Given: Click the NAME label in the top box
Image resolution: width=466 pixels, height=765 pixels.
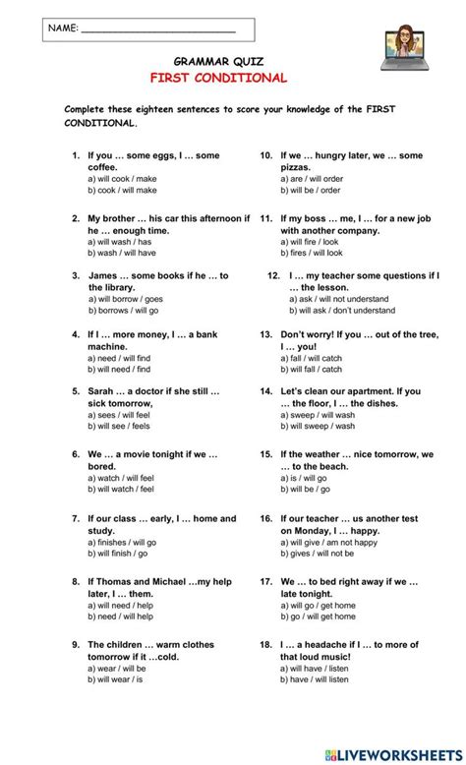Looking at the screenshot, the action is (x=60, y=29).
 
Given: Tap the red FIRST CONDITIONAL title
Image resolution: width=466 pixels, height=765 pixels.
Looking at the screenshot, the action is (x=218, y=78).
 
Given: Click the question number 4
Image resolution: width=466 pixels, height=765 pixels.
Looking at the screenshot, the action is (x=76, y=334).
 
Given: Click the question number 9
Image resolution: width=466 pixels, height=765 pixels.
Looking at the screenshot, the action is (x=76, y=644).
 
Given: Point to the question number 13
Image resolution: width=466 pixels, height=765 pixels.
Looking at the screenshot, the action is (x=265, y=334).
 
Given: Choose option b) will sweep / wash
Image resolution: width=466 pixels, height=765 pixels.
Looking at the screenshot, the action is (x=307, y=426).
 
